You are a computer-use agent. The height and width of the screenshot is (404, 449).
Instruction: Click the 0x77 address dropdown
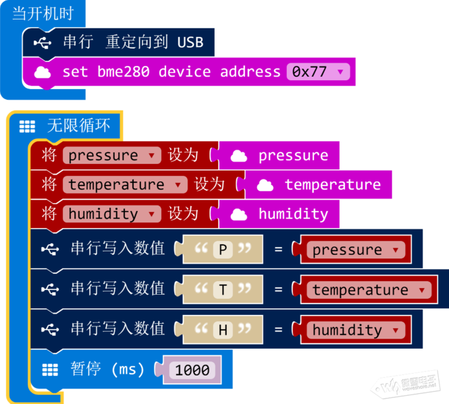pyautogui.click(x=318, y=71)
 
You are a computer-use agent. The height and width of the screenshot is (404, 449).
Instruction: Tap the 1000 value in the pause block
pyautogui.click(x=192, y=370)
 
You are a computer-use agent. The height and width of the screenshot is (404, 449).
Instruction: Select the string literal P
pyautogui.click(x=223, y=249)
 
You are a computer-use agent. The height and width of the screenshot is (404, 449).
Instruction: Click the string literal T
pyautogui.click(x=223, y=289)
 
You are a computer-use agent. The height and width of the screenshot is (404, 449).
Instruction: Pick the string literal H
pyautogui.click(x=223, y=329)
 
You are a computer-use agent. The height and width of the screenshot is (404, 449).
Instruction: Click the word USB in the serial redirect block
pyautogui.click(x=190, y=42)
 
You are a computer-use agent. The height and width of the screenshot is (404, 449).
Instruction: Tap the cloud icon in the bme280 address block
pyautogui.click(x=43, y=72)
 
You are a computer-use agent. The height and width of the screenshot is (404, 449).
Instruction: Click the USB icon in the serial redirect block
pyautogui.click(x=43, y=43)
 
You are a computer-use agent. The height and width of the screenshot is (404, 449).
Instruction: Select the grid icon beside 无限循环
pyautogui.click(x=27, y=127)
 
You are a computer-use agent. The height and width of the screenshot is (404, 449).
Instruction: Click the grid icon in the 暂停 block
pyautogui.click(x=50, y=370)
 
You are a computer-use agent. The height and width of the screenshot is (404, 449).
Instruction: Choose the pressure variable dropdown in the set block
pyautogui.click(x=112, y=155)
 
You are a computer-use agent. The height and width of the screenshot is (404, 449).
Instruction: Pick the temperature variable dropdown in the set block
pyautogui.click(x=125, y=185)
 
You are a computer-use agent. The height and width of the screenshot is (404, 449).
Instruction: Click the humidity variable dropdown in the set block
pyautogui.click(x=112, y=214)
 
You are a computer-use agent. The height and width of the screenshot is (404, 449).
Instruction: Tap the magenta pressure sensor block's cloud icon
pyautogui.click(x=239, y=156)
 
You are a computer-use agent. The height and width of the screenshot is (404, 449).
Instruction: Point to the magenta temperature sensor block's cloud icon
pyautogui.click(x=265, y=185)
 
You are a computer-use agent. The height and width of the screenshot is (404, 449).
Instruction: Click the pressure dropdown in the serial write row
pyautogui.click(x=356, y=250)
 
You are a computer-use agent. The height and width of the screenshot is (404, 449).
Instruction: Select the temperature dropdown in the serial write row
pyautogui.click(x=369, y=290)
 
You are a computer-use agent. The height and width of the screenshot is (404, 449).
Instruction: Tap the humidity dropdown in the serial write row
pyautogui.click(x=356, y=330)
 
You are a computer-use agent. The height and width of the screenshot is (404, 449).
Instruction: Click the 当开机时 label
pyautogui.click(x=43, y=13)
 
